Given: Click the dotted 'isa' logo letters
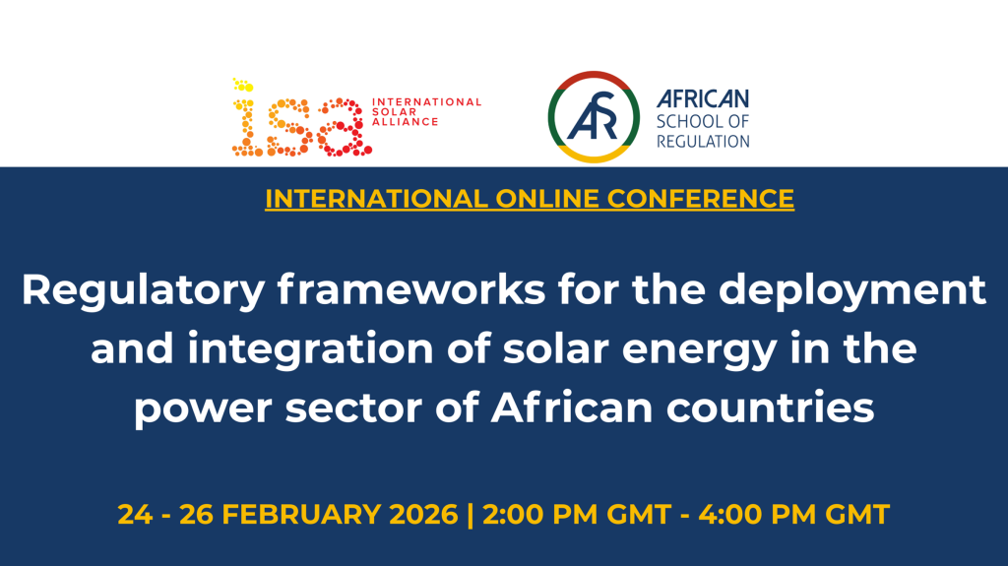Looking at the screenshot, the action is tap(301, 118).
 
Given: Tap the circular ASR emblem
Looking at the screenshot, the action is tap(594, 116).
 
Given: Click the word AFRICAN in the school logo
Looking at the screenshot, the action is tap(703, 99).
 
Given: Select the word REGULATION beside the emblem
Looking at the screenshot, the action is tap(703, 141).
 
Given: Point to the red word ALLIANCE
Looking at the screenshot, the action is tap(405, 121).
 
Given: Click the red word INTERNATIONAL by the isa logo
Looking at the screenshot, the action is tap(426, 101).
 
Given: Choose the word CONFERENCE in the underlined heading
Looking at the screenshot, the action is tap(701, 199).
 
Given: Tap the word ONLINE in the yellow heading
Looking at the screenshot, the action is tap(547, 199).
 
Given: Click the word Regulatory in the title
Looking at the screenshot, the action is tap(144, 291).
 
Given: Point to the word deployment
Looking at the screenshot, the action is tap(851, 291).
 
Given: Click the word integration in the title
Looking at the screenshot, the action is tap(310, 350).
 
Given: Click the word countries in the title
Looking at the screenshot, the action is tap(770, 408).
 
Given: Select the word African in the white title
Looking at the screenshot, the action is tap(572, 408).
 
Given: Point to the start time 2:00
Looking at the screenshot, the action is tap(513, 515).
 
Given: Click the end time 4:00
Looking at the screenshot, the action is tap(729, 515).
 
